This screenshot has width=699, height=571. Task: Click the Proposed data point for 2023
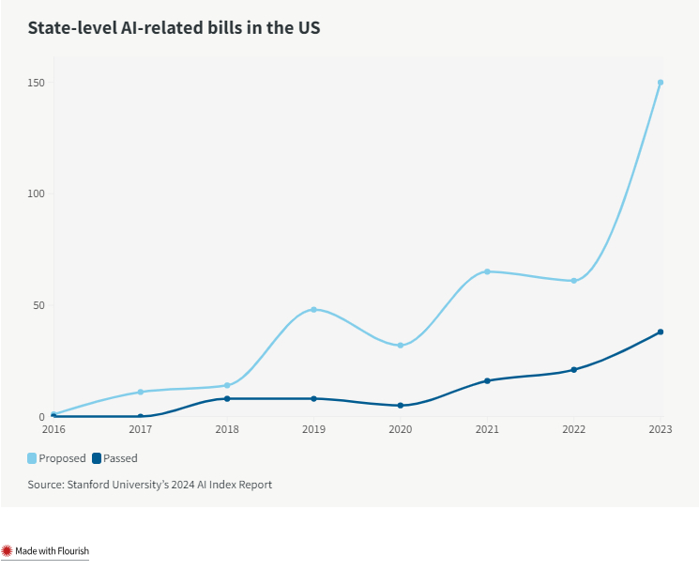tap(661, 83)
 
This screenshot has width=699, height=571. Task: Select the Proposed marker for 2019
tap(313, 309)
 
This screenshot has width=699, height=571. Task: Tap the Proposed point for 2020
tap(401, 346)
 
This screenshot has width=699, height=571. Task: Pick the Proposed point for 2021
tap(487, 271)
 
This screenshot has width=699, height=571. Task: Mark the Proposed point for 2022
tap(573, 281)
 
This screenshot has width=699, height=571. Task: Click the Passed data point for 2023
tap(661, 332)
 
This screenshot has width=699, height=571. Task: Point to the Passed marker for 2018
tap(227, 399)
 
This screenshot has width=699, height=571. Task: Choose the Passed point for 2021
tap(487, 380)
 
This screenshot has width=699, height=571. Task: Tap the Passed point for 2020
tap(401, 406)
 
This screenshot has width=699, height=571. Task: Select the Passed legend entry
tap(114, 458)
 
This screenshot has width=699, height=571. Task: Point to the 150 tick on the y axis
tap(37, 83)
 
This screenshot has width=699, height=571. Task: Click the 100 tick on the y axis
tap(37, 193)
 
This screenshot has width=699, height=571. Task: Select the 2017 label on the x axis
tap(140, 429)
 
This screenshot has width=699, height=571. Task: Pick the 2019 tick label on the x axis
tap(313, 429)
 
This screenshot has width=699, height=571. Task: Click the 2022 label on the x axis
tap(573, 429)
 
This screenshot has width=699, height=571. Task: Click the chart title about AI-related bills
tap(174, 28)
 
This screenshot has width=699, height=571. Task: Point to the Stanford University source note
tap(149, 485)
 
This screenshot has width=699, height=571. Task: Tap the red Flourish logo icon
tap(7, 551)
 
